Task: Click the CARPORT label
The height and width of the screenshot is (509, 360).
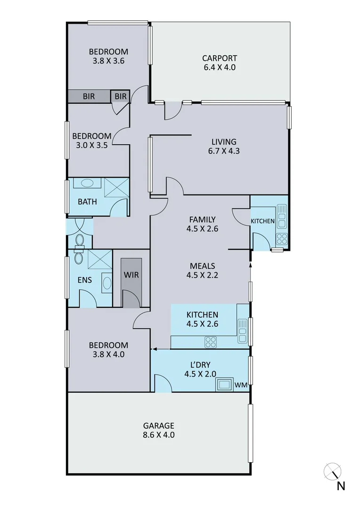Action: (x=219, y=58)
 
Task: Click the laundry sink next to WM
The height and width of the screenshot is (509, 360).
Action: (x=224, y=385)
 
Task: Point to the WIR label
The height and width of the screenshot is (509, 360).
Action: (x=131, y=275)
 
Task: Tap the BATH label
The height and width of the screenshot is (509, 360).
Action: (x=87, y=202)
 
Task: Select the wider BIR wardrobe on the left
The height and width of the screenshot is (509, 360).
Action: (x=89, y=97)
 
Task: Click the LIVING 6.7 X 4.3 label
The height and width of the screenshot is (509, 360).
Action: (x=224, y=147)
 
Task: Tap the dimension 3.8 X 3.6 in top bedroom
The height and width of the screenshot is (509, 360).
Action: (x=108, y=61)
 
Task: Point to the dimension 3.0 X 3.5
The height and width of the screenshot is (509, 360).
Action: (x=92, y=145)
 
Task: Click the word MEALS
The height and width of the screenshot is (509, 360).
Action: (x=202, y=266)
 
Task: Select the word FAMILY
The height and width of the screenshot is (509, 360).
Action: (x=202, y=220)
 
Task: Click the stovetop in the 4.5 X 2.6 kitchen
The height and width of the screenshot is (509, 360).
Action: (x=210, y=342)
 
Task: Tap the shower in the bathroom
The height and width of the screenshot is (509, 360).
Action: (x=116, y=187)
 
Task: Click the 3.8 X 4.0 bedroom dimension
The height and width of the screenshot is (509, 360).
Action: (x=108, y=354)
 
